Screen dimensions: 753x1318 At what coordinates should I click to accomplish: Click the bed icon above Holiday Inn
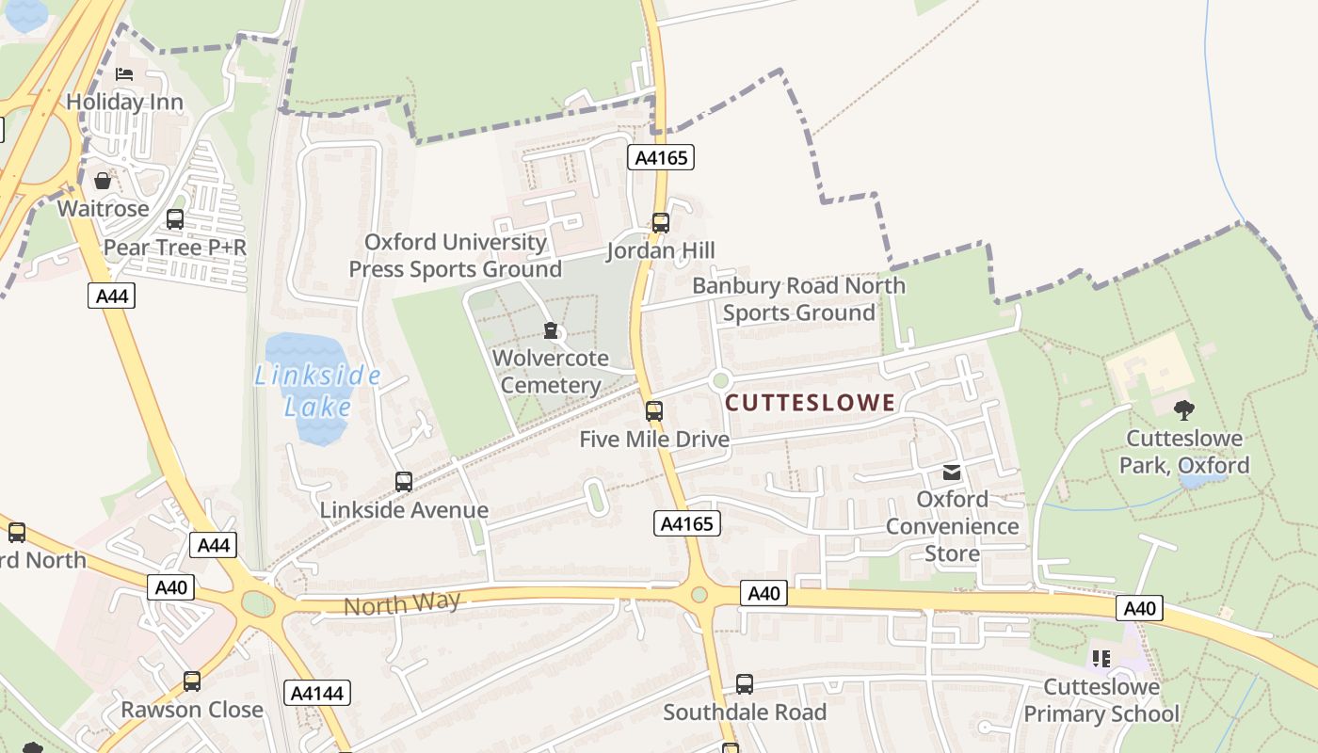pos(124,74)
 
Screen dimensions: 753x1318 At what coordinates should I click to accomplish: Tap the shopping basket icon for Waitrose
pos(103,181)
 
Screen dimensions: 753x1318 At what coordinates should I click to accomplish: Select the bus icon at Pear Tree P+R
pos(175,219)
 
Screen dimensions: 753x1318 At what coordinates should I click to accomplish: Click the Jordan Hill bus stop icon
pos(661,223)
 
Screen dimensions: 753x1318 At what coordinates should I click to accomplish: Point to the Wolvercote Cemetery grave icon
pos(551,331)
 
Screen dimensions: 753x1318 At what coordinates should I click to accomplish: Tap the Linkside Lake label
pos(318,392)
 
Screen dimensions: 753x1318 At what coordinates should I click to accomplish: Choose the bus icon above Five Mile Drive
pos(653,411)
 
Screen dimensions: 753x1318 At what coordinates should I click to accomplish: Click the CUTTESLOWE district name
pos(810,404)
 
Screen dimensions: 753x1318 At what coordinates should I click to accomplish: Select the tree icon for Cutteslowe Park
pos(1183,409)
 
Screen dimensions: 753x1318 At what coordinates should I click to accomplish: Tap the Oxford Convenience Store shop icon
pos(953,472)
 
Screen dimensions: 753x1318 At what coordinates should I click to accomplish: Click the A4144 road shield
pos(317,694)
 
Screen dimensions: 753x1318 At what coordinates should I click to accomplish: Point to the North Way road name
pos(402,603)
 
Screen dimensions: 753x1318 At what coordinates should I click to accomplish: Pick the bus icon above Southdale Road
pos(745,684)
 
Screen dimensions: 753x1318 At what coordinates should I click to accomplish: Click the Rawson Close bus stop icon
pos(192,681)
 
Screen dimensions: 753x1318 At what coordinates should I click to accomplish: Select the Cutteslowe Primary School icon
pos(1101,659)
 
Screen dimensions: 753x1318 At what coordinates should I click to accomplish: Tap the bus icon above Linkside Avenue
pos(404,482)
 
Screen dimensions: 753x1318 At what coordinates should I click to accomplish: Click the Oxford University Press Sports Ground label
pos(456,255)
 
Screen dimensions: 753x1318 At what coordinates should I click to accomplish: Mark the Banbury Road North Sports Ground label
pos(798,298)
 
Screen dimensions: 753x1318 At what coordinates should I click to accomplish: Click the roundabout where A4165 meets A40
pos(699,595)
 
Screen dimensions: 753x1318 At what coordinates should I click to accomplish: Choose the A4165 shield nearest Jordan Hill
pos(661,158)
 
